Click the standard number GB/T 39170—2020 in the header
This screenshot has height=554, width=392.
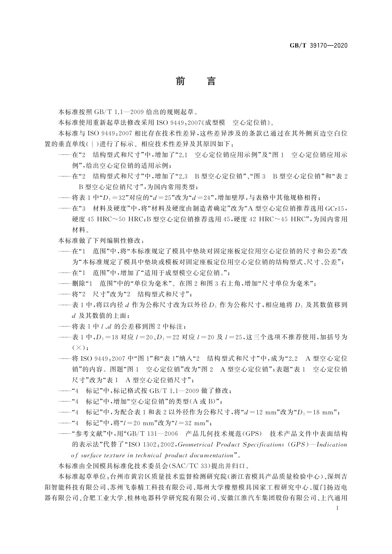point(318,46)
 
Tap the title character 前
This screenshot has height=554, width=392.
point(180,81)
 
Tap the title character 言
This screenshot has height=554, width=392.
point(211,81)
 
